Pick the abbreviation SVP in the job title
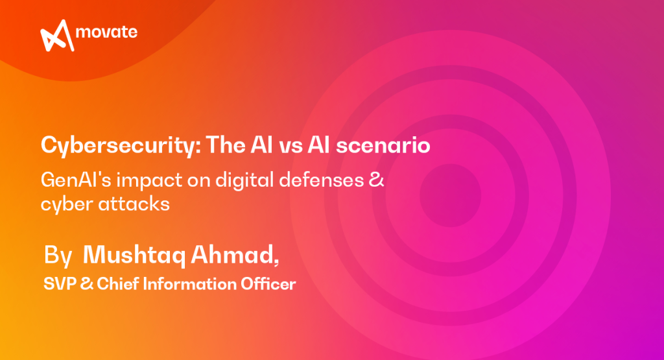pyautogui.click(x=57, y=283)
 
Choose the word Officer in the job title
pyautogui.click(x=265, y=283)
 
